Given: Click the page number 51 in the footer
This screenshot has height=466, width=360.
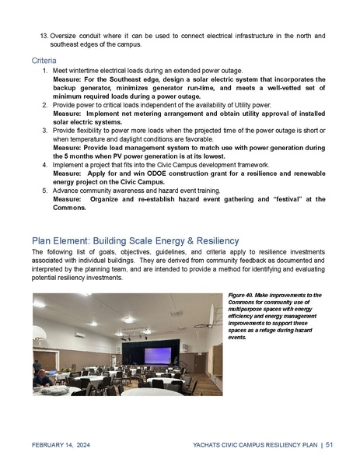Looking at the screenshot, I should [329, 444].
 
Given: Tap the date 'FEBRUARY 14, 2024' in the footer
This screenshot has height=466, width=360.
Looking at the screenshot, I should [61, 444].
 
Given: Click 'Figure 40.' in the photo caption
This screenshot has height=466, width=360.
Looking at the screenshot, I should [243, 296].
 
